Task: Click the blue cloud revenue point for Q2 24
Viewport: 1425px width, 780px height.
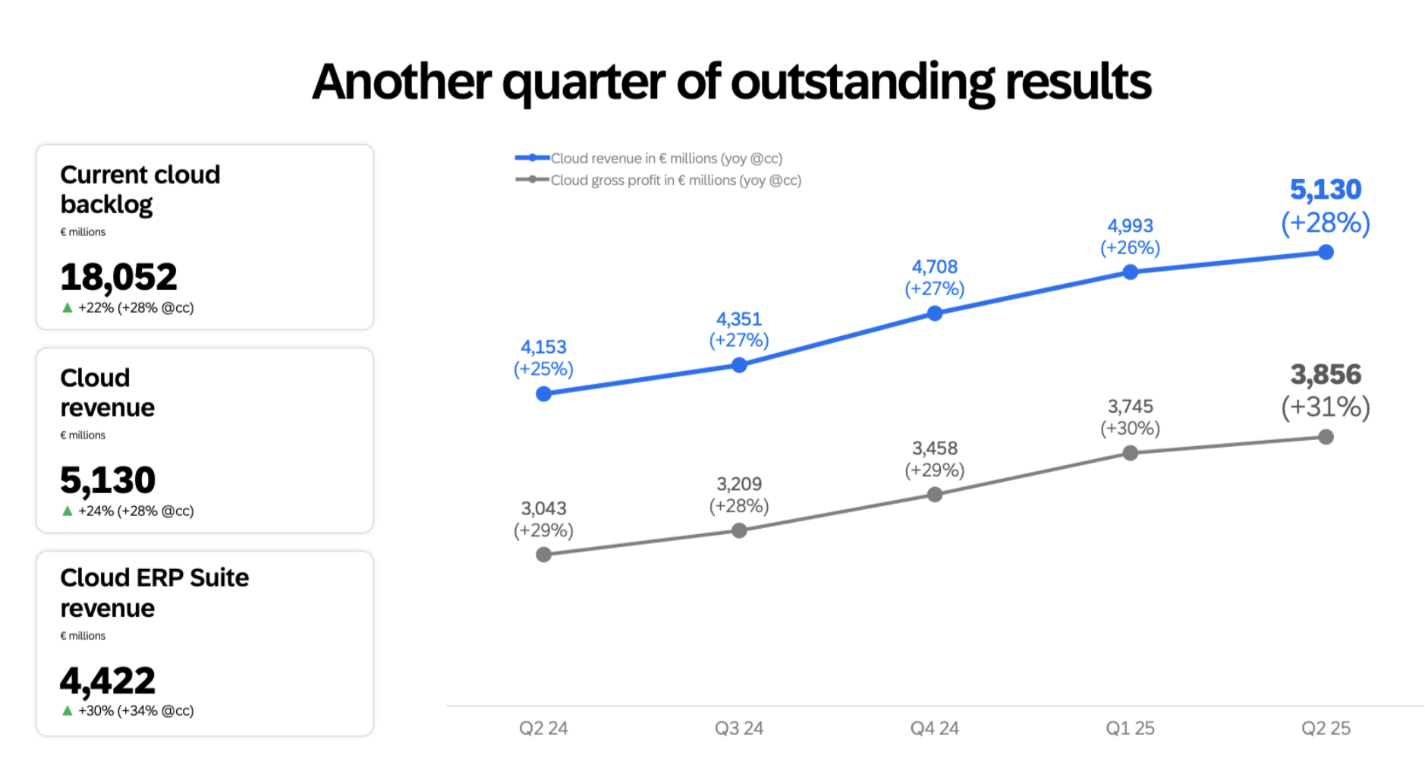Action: click(543, 394)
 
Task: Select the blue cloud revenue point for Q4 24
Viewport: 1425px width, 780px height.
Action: click(935, 313)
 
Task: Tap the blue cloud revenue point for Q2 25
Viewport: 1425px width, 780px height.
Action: click(1326, 252)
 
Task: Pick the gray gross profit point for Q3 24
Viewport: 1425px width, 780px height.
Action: click(739, 530)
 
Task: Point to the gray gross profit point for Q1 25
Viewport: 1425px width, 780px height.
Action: click(1130, 453)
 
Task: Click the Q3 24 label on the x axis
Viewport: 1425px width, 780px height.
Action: click(739, 728)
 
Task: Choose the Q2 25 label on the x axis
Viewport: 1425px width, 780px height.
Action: click(1326, 728)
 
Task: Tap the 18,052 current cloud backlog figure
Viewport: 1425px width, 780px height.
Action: click(118, 277)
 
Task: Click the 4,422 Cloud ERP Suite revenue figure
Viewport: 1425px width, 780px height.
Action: click(108, 681)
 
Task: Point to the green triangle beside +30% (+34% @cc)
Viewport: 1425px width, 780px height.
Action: click(68, 711)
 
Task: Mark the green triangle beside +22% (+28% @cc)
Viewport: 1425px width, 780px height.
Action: click(68, 308)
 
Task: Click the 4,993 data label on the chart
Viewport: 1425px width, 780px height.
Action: click(1130, 226)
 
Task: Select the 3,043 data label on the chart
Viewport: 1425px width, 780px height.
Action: click(543, 508)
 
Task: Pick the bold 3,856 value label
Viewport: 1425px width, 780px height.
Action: click(1326, 375)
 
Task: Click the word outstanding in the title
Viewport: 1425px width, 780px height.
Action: click(863, 82)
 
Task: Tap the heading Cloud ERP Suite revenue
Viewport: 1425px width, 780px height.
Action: click(154, 593)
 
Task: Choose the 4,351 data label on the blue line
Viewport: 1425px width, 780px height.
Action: click(739, 319)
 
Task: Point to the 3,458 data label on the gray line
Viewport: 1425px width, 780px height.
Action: click(935, 448)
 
